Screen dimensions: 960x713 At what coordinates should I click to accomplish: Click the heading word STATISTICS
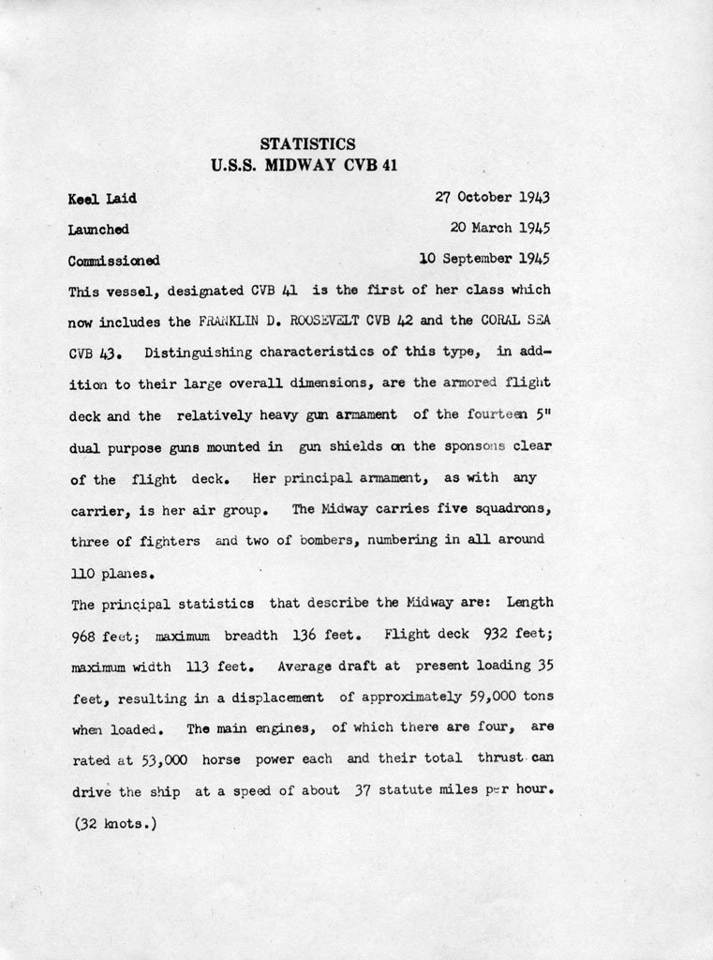[x=307, y=144]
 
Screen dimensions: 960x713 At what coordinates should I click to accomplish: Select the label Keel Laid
[x=102, y=199]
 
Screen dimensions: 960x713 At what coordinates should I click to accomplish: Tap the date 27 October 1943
[x=493, y=197]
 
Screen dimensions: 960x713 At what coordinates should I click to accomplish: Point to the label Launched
[x=98, y=230]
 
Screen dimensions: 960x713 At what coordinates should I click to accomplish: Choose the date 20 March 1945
[x=499, y=228]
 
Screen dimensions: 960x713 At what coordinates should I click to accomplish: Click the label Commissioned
[x=113, y=261]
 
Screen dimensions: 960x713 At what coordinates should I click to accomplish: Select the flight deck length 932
[x=497, y=634]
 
